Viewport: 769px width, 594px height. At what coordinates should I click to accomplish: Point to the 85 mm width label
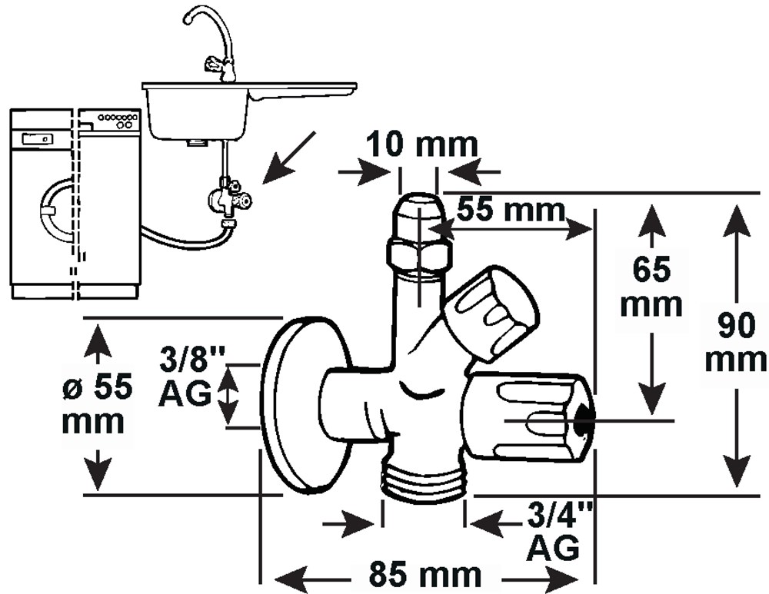[424, 574]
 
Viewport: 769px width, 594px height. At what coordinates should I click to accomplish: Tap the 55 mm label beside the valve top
[511, 211]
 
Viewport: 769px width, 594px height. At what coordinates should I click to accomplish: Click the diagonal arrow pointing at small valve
[288, 158]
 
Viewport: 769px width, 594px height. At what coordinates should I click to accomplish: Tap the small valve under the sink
[228, 197]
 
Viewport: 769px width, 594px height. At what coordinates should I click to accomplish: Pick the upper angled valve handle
[491, 314]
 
